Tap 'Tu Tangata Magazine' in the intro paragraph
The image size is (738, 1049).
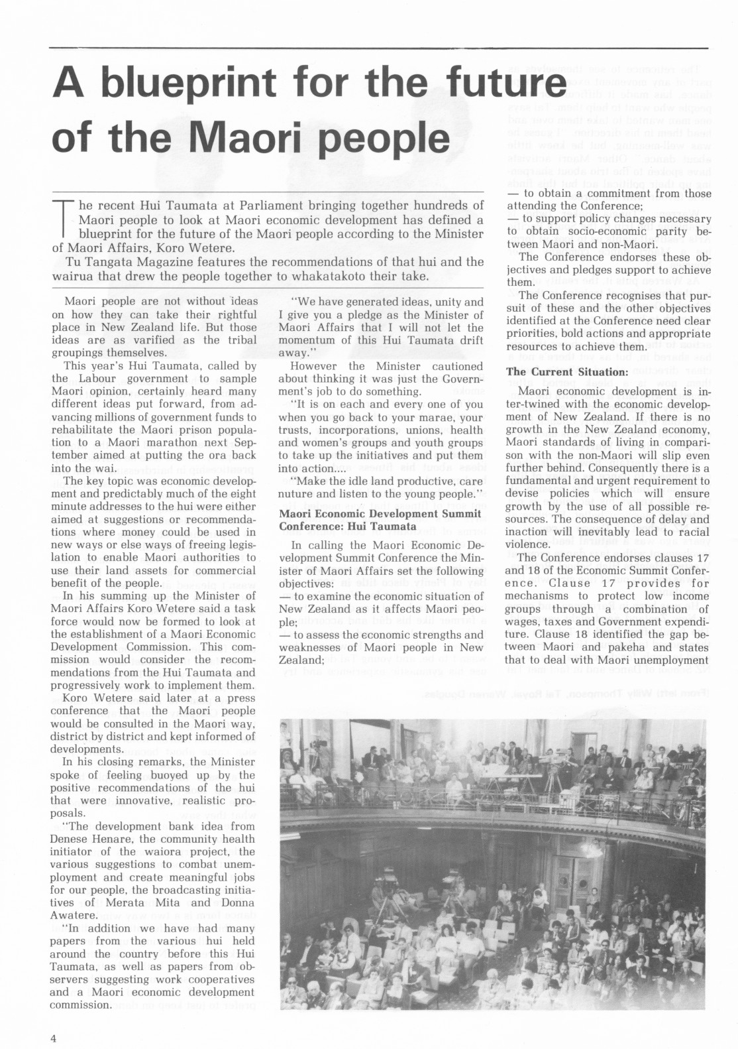pos(108,262)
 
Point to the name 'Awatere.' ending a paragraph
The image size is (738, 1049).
pos(73,915)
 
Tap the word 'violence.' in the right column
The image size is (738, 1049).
pos(529,544)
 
